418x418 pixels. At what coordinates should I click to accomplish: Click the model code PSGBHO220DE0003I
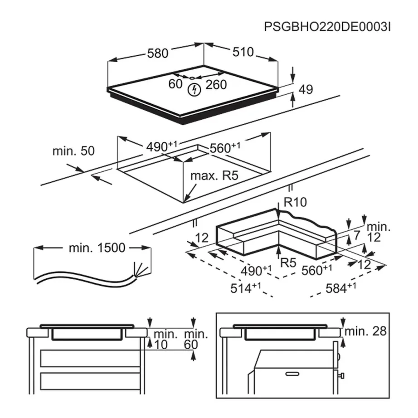point(327,27)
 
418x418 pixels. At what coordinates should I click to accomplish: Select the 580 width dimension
point(157,53)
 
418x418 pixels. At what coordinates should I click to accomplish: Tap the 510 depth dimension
point(243,52)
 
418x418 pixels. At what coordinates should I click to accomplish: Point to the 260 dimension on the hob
point(216,84)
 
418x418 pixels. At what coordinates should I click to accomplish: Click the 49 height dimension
point(306,90)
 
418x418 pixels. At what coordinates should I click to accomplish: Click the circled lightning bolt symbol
point(194,89)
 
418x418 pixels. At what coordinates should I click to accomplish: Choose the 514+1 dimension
point(247,288)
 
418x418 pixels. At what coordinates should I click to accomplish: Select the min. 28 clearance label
point(365,331)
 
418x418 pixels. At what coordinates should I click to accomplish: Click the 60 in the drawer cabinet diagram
point(191,345)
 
